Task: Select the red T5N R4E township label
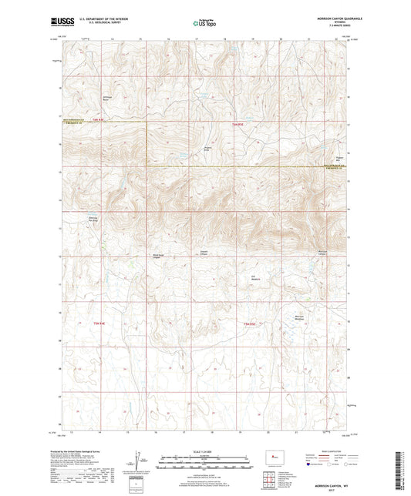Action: click(99, 323)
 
